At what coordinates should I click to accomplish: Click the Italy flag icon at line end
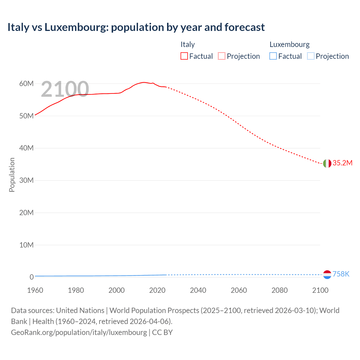(327, 163)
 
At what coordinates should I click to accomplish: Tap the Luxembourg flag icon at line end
(327, 274)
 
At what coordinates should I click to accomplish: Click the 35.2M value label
(342, 163)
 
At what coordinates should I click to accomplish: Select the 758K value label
(341, 274)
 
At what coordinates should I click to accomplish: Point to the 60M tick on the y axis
(26, 84)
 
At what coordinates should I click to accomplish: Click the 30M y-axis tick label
(26, 180)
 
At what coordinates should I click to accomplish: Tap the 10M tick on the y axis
(26, 245)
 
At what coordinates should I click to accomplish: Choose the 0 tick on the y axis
(31, 277)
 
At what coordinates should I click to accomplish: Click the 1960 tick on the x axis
(35, 290)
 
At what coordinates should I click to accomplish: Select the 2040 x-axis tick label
(198, 290)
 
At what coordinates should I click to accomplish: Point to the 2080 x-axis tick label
(280, 290)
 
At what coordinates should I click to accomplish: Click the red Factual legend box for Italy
(184, 56)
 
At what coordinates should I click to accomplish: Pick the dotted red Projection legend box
(222, 56)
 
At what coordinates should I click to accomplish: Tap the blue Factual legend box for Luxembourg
(273, 56)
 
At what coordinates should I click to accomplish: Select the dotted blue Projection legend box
(311, 56)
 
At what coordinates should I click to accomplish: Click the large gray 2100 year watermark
(65, 89)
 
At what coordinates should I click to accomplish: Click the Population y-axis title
(12, 175)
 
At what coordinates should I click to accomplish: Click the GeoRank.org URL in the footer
(79, 332)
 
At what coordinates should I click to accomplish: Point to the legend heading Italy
(188, 44)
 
